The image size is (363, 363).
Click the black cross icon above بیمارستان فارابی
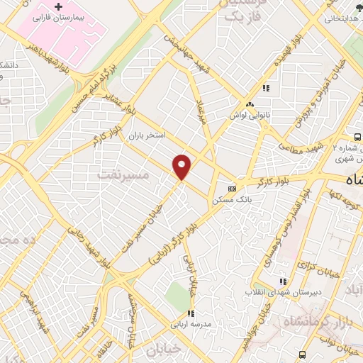(60, 6)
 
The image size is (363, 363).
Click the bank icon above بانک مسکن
(232, 189)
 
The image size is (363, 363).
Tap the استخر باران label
(146, 134)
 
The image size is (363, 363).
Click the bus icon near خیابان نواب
(303, 354)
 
